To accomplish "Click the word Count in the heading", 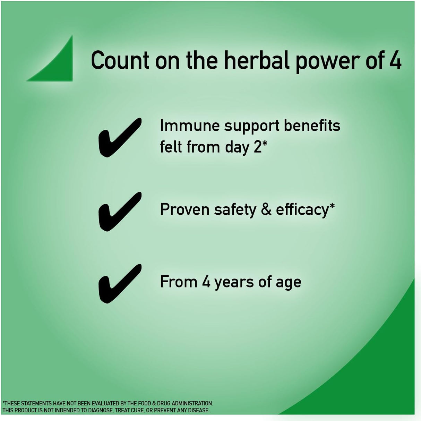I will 120,60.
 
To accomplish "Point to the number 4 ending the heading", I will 395,60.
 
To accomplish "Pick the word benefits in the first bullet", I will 312,126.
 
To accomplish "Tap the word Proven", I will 184,210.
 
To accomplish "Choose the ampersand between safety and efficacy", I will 266,209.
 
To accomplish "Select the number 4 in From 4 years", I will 206,282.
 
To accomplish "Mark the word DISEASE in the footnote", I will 198,410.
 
